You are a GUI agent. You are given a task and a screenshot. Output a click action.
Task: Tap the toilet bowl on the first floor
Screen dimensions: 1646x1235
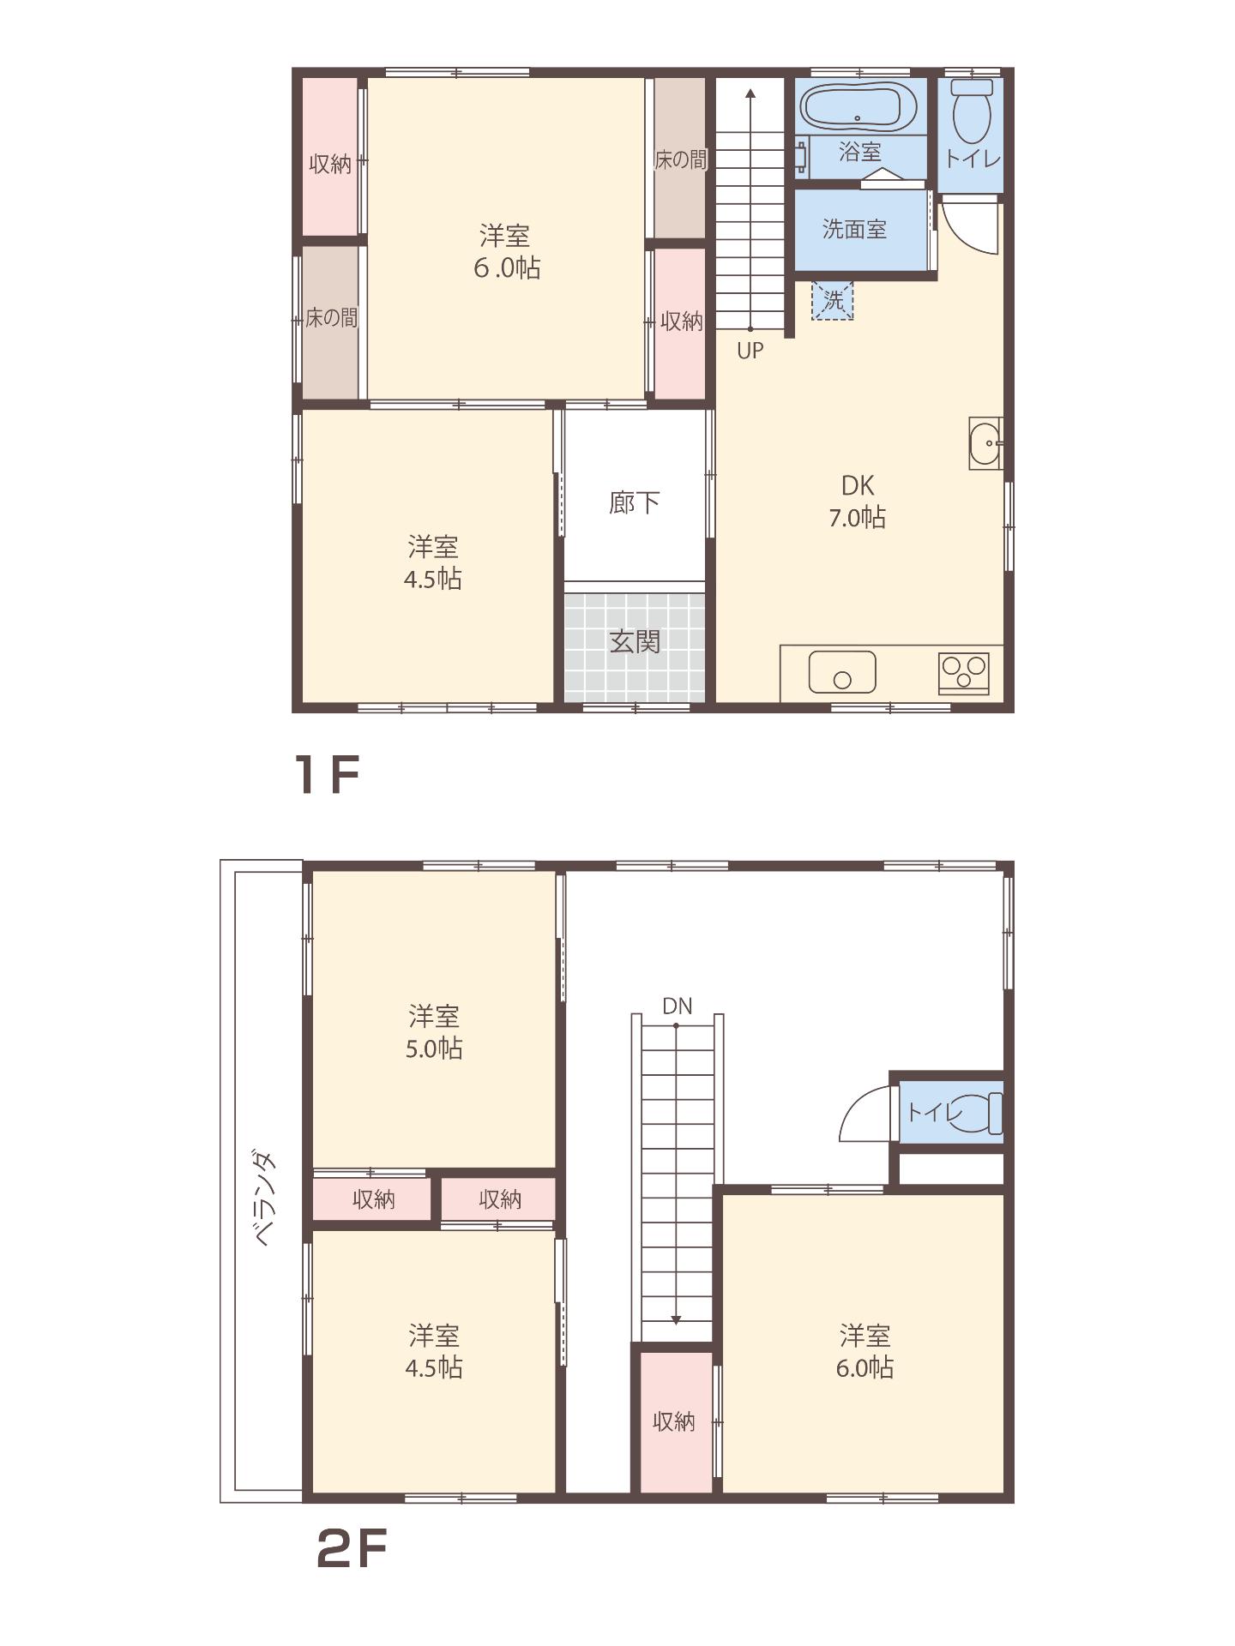972,113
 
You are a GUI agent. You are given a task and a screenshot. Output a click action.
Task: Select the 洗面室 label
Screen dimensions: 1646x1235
853,229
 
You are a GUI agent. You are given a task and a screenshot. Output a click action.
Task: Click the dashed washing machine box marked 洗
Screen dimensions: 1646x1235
832,300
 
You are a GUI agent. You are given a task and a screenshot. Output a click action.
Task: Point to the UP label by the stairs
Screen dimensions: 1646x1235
750,351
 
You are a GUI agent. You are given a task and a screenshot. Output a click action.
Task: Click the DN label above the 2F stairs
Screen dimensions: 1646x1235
677,1006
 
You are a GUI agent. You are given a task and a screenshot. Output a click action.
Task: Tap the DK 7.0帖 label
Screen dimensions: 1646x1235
857,502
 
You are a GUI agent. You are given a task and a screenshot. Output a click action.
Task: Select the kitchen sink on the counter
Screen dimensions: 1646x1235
842,671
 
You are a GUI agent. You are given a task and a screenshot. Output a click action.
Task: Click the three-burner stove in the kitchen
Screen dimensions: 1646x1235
963,672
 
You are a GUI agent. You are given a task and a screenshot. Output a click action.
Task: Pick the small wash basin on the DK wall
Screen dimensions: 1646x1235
985,442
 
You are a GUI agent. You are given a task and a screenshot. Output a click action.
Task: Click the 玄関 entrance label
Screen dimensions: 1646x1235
635,641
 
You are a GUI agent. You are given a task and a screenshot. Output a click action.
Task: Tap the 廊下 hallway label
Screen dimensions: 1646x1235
634,502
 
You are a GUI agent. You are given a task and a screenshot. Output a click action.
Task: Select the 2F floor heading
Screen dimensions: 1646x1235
352,1548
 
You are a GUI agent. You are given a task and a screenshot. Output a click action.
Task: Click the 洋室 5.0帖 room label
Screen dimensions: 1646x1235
433,1032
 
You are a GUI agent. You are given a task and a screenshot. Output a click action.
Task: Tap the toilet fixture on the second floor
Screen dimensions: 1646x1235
986,1113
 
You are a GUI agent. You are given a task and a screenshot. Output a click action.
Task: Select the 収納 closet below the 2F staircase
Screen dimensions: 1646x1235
673,1421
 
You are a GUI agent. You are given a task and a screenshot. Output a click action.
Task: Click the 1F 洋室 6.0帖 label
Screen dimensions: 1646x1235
506,251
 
